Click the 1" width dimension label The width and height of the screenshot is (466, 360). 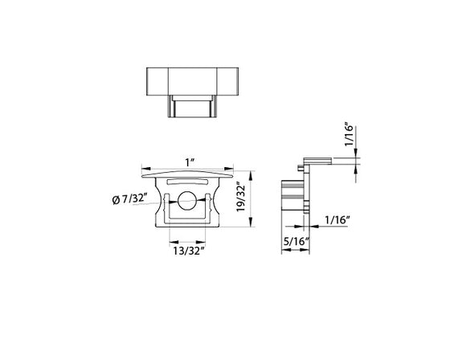(x=189, y=163)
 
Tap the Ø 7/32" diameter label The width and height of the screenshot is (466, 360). (x=129, y=199)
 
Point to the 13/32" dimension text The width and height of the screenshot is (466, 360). (x=189, y=251)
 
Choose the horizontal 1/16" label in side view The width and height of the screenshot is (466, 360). (x=338, y=219)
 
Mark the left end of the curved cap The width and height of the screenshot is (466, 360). (x=143, y=172)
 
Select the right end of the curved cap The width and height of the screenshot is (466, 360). (x=235, y=172)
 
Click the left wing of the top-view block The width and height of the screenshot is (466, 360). (x=157, y=81)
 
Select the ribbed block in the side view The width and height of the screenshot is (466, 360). (x=289, y=196)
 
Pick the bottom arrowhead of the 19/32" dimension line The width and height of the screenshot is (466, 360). (x=251, y=227)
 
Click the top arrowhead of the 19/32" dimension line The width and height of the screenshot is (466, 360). (x=251, y=172)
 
